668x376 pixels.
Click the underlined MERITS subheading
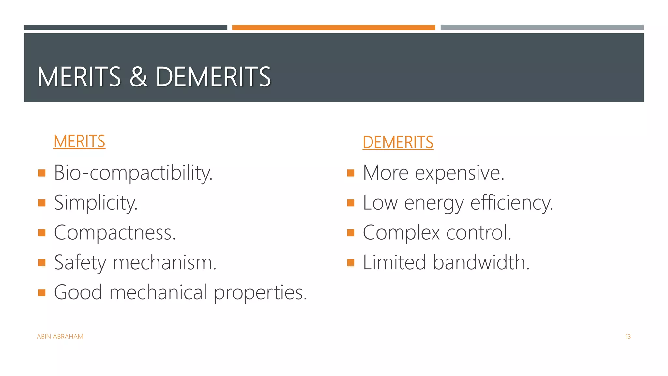pos(79,141)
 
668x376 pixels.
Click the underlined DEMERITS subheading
pos(398,142)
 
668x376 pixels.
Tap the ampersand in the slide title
pos(138,77)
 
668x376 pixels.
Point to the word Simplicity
pos(96,202)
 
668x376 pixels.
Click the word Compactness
pos(115,232)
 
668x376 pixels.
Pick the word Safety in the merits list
pos(80,262)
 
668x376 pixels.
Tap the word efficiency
pos(511,203)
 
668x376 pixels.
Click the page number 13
pos(628,337)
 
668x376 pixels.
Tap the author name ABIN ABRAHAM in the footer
pos(60,337)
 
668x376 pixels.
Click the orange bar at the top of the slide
pos(333,28)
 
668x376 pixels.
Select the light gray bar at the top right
pos(542,28)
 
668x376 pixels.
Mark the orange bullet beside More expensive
pos(351,173)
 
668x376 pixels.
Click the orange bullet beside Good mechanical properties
pos(42,292)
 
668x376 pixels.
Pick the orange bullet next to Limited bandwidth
pos(351,262)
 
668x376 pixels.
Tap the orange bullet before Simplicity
pos(42,203)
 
